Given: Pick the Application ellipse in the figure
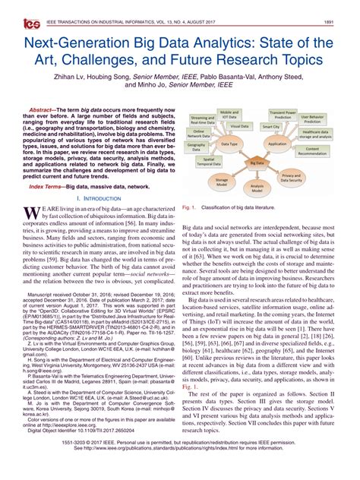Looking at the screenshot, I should (277, 143).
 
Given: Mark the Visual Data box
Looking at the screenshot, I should (240, 125).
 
